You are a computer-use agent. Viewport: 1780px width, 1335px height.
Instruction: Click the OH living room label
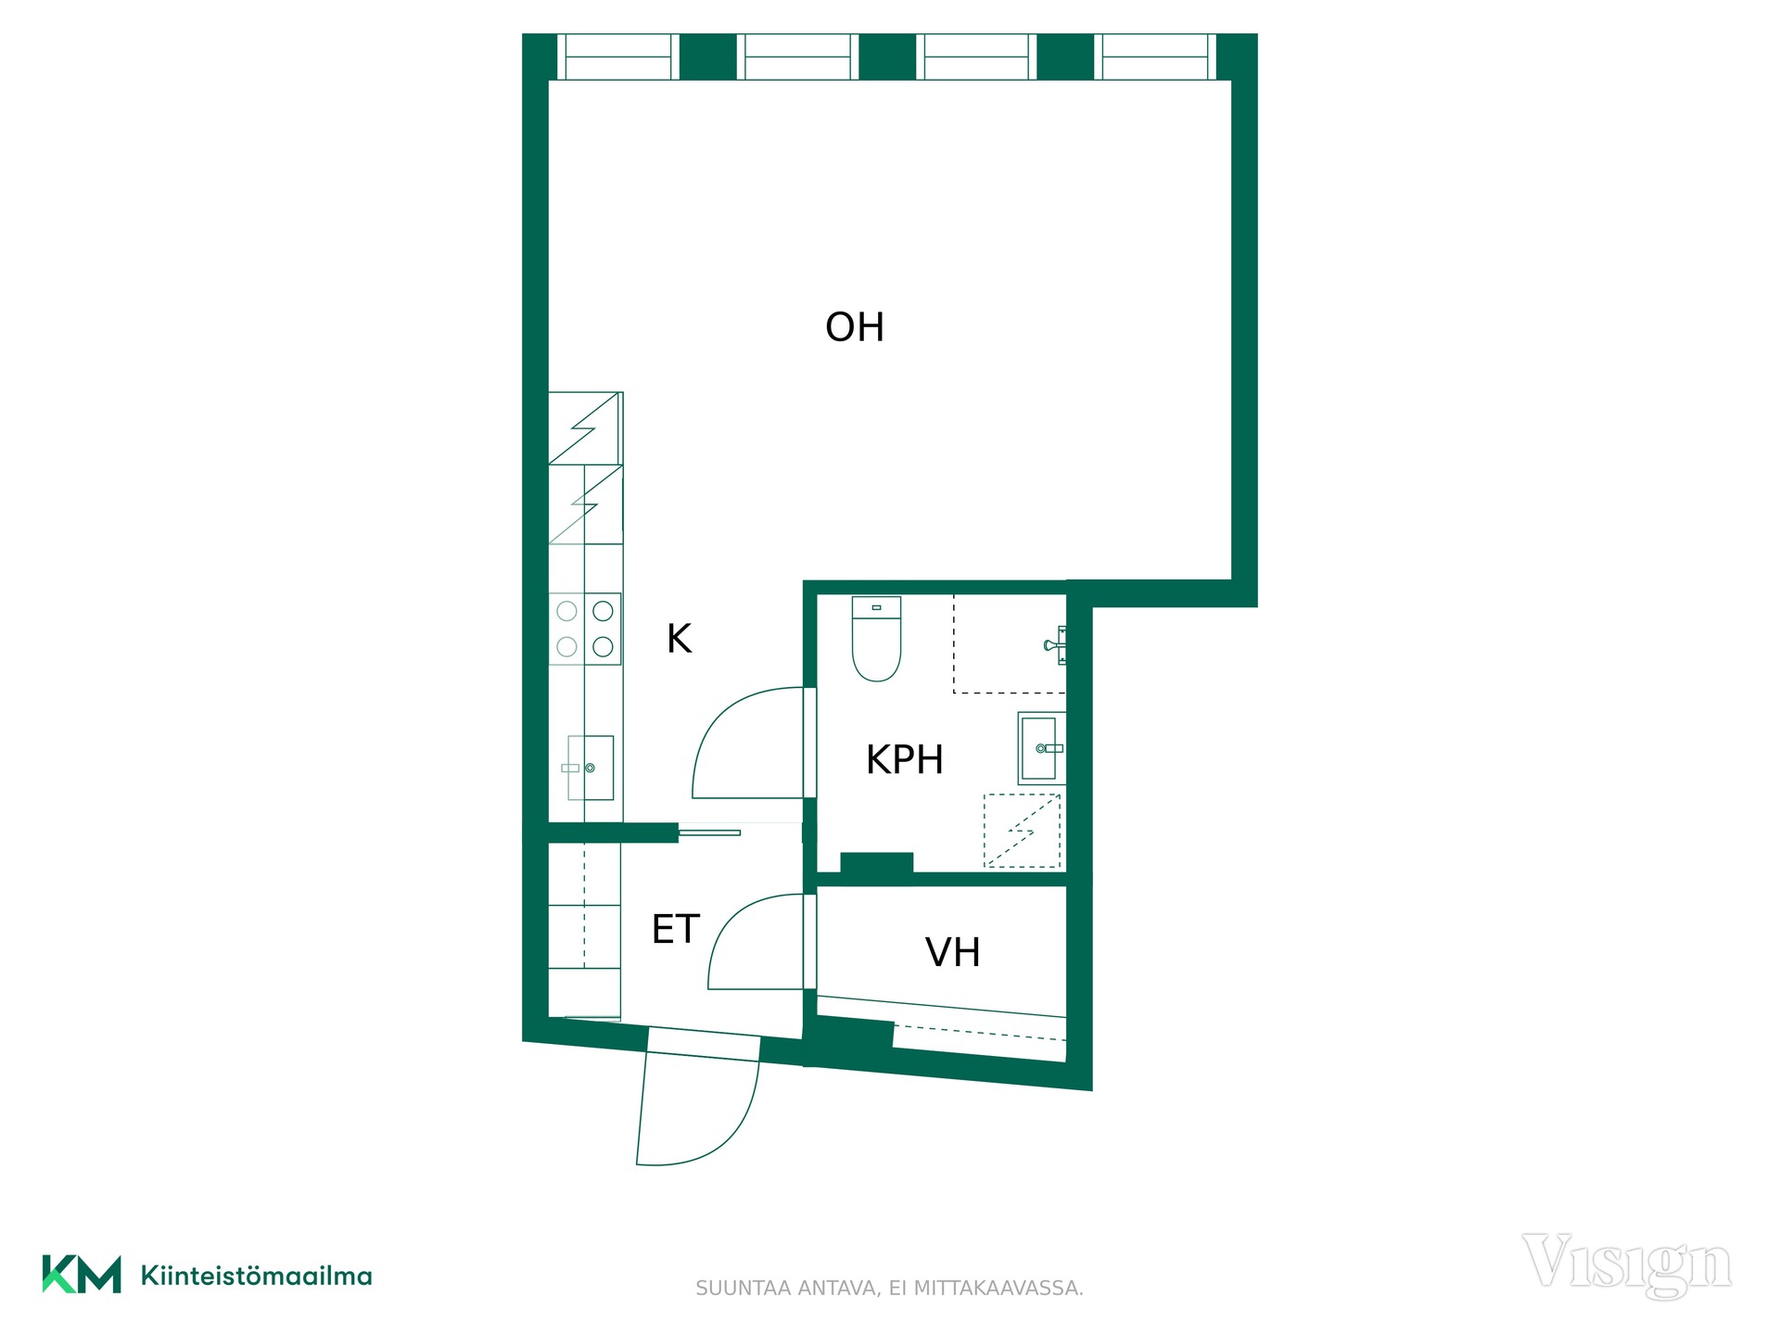click(854, 327)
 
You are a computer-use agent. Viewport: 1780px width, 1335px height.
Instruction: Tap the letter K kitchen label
click(680, 639)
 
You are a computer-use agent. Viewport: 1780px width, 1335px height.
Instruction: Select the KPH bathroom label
click(904, 760)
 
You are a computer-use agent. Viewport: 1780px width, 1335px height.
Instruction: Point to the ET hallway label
click(675, 929)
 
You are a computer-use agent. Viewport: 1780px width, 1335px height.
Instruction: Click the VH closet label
click(952, 952)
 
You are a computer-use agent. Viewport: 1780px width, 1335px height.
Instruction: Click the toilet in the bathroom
click(876, 639)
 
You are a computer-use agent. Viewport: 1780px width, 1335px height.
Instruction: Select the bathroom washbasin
click(1041, 748)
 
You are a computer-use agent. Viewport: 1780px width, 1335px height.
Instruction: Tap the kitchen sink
click(591, 768)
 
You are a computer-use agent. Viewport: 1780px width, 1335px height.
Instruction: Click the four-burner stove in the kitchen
click(585, 629)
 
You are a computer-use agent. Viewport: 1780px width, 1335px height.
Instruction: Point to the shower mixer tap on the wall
click(1056, 644)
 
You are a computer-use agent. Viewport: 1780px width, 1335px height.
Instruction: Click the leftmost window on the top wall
click(618, 57)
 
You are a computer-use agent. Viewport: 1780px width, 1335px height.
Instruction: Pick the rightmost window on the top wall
click(1155, 57)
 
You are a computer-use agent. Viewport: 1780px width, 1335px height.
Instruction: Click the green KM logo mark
click(82, 1275)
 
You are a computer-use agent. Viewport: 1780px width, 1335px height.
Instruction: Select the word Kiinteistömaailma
click(257, 1276)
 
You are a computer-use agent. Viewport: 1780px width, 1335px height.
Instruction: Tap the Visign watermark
click(1626, 1265)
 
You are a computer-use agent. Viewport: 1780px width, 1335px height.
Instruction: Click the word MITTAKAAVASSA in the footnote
click(998, 1289)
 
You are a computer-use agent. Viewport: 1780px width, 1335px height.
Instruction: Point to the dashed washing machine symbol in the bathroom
click(1022, 831)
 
